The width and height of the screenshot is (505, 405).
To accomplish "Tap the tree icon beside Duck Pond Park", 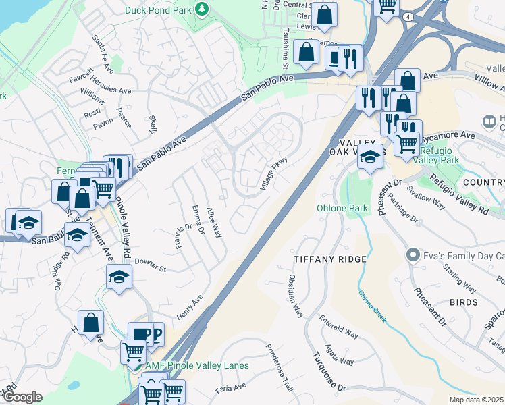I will [201, 9].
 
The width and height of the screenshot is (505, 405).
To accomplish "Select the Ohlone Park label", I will [342, 208].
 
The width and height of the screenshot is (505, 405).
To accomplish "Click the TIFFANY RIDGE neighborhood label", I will [330, 259].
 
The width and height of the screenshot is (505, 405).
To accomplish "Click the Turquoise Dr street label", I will [328, 371].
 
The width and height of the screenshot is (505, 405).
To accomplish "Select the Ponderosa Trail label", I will [279, 369].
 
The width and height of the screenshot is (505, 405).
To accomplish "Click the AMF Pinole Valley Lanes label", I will [197, 365].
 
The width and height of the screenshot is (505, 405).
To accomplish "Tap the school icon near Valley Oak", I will [370, 157].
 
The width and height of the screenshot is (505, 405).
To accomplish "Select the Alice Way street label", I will [214, 222].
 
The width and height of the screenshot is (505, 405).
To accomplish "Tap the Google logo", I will [22, 397].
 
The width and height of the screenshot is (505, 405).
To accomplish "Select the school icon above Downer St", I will [119, 277].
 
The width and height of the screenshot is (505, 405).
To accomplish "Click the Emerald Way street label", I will [338, 329].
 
